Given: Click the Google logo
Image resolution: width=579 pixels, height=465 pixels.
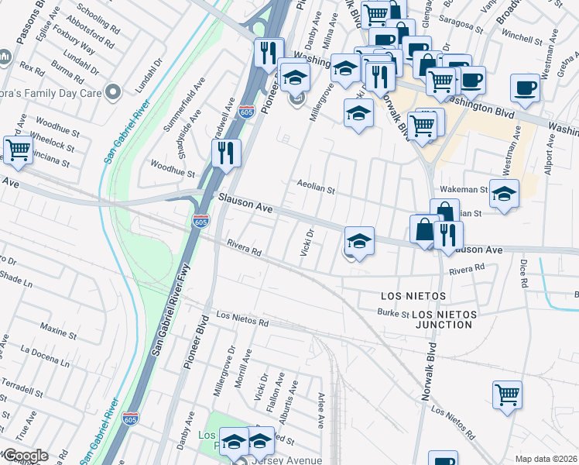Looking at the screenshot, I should coord(25,456).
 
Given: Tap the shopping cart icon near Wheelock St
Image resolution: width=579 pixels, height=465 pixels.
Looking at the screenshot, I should coord(17,149).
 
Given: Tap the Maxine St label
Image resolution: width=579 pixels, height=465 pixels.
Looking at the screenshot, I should coord(56,330).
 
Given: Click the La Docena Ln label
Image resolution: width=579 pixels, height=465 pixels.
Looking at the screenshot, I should coord(46,353).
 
